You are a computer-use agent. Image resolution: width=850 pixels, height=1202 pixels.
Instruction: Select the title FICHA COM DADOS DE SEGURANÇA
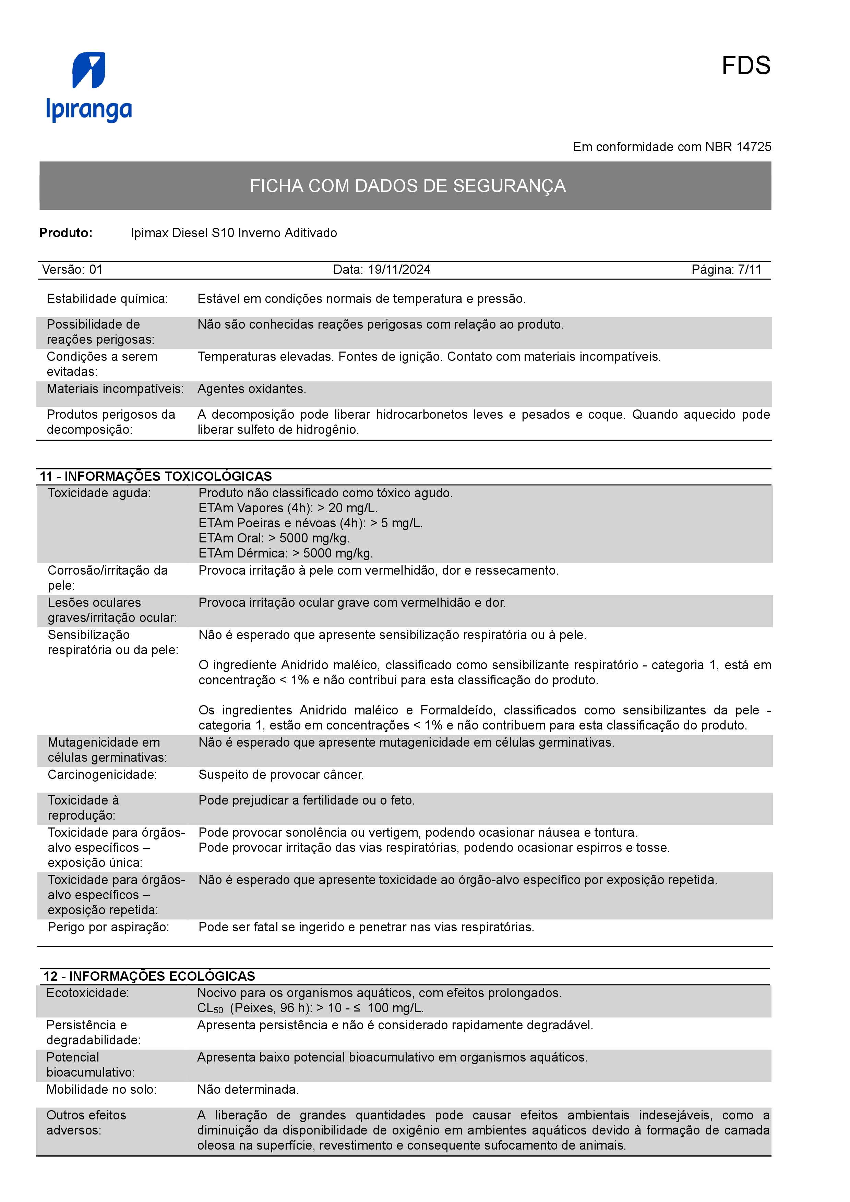407,186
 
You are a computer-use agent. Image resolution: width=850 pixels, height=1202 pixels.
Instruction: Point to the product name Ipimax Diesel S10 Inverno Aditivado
234,233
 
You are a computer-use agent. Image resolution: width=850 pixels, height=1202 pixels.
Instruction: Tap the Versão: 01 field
72,270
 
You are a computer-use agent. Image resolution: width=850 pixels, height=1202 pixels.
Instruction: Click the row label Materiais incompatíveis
115,389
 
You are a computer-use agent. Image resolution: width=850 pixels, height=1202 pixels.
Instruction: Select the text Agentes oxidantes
251,389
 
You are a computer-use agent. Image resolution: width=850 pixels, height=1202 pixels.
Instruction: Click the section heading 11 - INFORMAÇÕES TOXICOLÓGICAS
156,476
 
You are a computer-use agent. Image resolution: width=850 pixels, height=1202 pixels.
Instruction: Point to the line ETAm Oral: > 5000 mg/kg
273,538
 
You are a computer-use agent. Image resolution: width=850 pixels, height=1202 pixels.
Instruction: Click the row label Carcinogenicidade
102,775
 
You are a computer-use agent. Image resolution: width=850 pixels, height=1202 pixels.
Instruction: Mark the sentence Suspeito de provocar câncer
281,775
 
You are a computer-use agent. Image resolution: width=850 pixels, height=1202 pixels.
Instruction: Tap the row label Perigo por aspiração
108,927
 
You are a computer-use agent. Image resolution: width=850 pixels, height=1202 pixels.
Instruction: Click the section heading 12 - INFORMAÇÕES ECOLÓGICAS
149,976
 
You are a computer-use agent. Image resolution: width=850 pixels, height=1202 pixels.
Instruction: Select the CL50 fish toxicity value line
310,1008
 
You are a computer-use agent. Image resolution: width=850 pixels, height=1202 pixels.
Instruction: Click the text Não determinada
248,1090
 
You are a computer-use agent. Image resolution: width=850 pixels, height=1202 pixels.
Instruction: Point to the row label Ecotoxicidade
87,993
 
